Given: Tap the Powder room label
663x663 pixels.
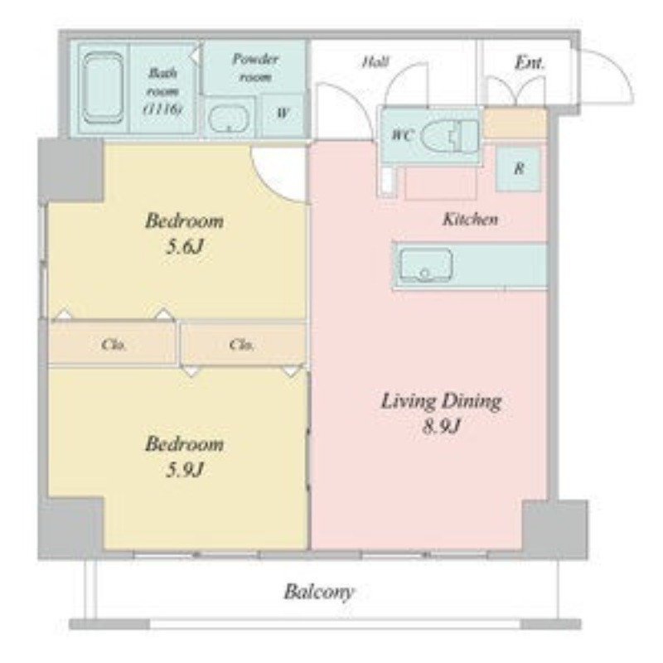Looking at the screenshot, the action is point(255,68).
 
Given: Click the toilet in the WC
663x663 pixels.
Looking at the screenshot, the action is point(450,136).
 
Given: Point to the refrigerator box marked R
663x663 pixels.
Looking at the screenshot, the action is point(519,169).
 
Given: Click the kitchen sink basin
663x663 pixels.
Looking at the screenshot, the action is point(426,265).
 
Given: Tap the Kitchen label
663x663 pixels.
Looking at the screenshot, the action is point(470,220).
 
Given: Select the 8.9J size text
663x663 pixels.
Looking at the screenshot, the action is point(441,427).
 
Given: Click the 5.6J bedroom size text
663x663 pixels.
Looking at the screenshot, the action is point(184,246).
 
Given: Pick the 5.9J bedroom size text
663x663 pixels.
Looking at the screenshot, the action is point(184,469).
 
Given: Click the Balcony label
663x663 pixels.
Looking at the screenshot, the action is point(319,592).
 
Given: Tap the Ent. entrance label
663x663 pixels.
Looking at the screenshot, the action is point(530,64).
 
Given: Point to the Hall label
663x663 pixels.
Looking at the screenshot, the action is point(375,63).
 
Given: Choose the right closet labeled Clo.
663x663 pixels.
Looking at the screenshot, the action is point(243,344).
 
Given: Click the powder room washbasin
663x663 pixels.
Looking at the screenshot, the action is point(229,119).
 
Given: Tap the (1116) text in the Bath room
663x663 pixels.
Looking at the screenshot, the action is point(163,109).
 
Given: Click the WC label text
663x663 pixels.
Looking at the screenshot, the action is point(402,135).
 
